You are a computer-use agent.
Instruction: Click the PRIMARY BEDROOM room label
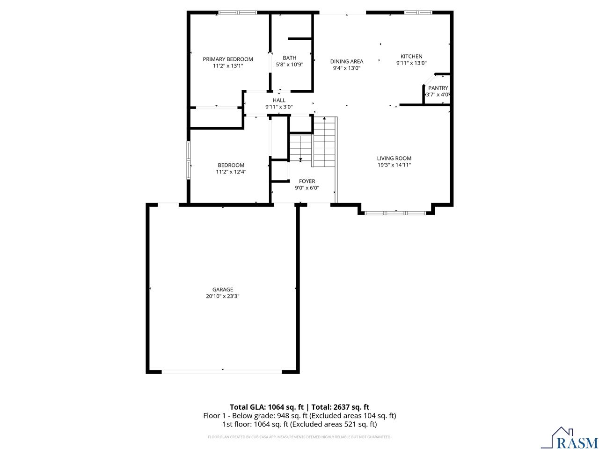[228, 59]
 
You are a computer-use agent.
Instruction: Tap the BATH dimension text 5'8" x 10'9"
[289, 65]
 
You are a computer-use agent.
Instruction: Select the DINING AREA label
[347, 61]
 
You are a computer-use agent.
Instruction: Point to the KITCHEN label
[411, 57]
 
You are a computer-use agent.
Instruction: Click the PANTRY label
[438, 88]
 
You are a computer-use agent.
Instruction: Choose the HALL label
[279, 100]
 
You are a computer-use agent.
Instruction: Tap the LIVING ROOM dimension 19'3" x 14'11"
[394, 165]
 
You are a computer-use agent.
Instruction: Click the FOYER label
[307, 181]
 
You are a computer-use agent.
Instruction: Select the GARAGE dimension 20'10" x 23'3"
[222, 296]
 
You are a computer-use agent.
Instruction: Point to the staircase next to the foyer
[324, 142]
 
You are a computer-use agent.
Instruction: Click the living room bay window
[395, 213]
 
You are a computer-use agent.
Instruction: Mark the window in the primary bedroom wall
[238, 13]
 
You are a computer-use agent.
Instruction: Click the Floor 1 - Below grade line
[299, 416]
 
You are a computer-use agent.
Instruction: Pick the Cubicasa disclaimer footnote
[299, 437]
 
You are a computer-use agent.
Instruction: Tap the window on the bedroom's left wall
[189, 160]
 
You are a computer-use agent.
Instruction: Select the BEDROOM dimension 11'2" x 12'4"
[231, 172]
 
